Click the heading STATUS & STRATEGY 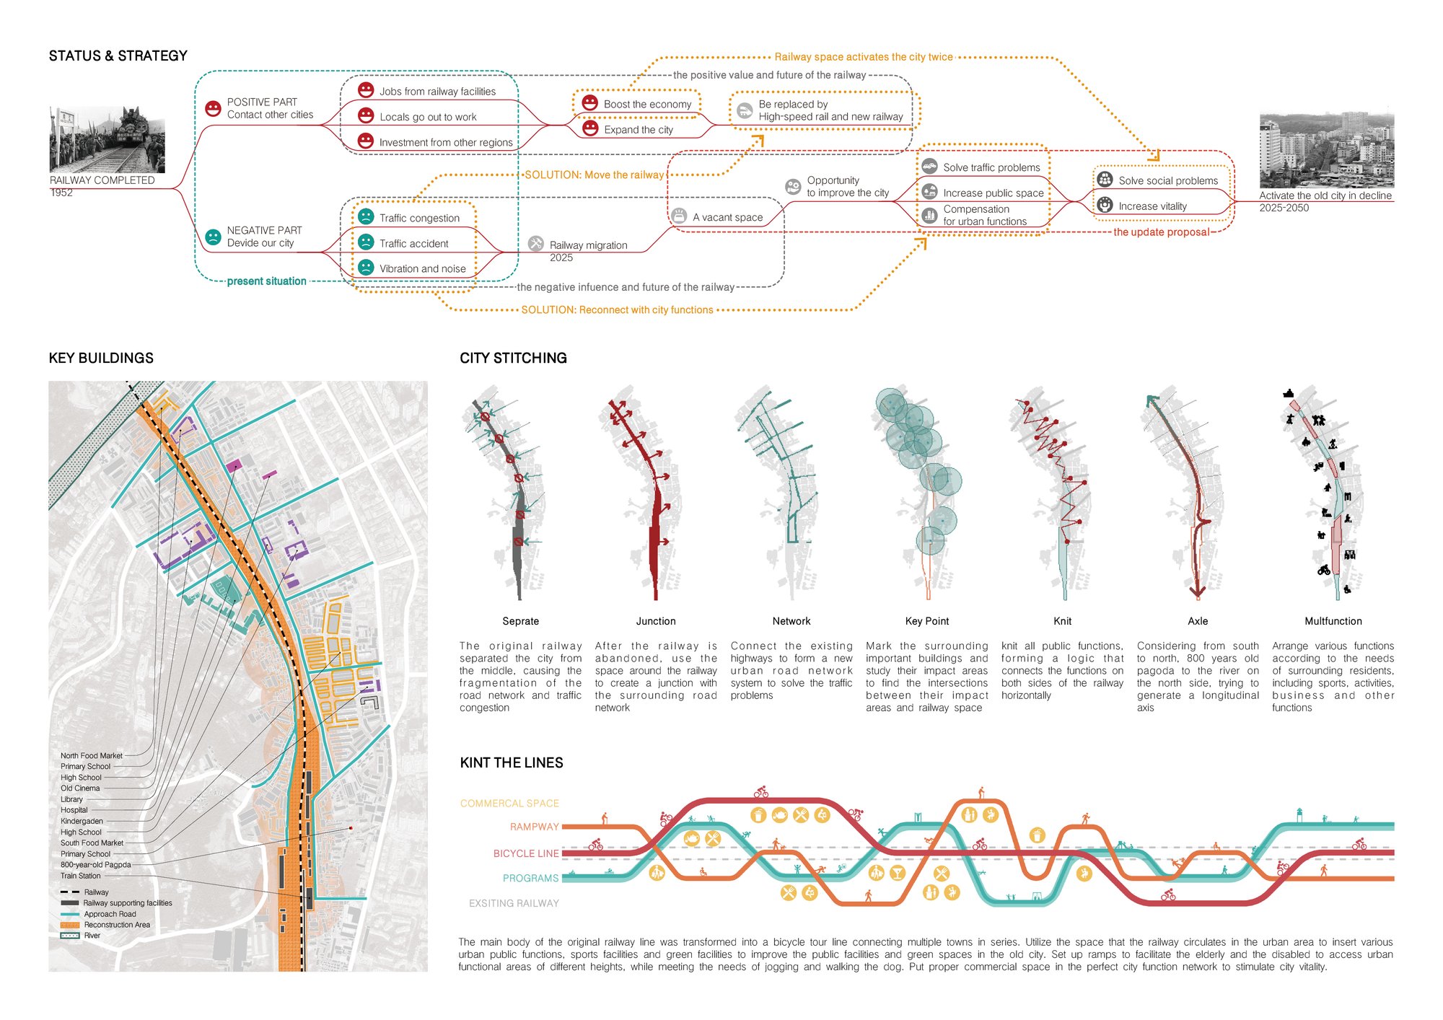tap(118, 56)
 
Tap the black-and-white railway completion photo tap(108, 139)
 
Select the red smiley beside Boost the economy tap(590, 103)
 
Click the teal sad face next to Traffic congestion tap(366, 216)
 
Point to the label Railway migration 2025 tap(588, 251)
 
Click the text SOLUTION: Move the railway tap(594, 175)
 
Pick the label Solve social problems tap(1168, 180)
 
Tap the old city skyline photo tap(1327, 150)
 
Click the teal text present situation tap(266, 281)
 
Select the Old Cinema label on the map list tap(80, 788)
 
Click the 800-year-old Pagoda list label tap(96, 865)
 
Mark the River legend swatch tap(70, 936)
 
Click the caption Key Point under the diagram tap(927, 621)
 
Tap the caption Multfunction tap(1333, 621)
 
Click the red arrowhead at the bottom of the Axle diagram tap(1198, 593)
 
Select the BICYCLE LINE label tap(526, 853)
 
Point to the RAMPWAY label tap(535, 827)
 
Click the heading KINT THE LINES tap(512, 762)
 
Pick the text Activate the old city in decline tap(1325, 195)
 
